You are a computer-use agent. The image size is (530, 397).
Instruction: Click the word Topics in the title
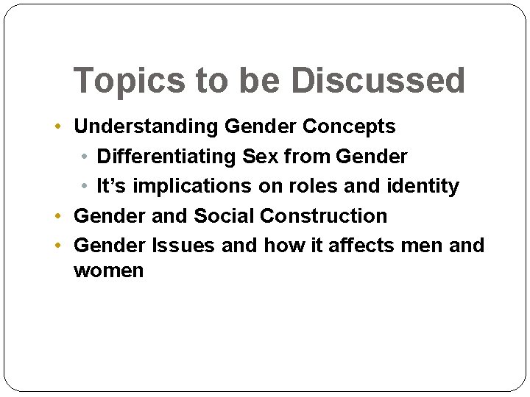(130, 81)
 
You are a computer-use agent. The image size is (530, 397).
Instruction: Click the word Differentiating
(168, 157)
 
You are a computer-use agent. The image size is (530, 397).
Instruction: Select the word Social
(224, 216)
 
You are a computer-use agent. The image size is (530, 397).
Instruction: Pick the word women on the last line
(109, 271)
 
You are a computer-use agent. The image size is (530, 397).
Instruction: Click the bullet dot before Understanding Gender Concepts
(59, 126)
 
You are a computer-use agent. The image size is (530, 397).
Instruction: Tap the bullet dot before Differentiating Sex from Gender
(85, 157)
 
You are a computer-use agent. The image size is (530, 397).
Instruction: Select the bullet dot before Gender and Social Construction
(59, 216)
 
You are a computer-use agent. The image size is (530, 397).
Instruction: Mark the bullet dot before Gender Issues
(59, 245)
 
